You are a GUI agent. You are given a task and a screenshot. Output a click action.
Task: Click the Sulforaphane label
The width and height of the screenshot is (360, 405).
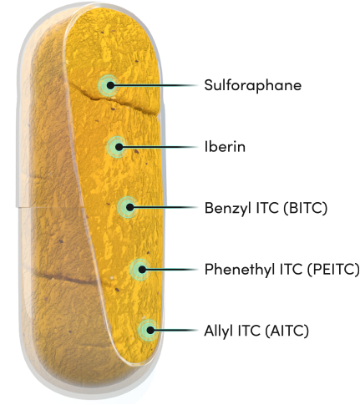pos(253,85)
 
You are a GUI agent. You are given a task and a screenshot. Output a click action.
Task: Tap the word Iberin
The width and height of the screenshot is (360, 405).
pos(225,146)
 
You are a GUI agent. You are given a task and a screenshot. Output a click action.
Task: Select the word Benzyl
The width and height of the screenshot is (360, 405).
pos(228,208)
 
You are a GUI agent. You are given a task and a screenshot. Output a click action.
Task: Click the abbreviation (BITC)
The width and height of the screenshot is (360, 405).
pos(305,208)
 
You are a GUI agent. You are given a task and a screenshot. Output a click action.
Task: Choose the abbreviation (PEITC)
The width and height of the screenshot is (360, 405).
pos(333,270)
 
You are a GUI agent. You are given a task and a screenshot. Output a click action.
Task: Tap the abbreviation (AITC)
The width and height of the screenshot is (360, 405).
pos(286,331)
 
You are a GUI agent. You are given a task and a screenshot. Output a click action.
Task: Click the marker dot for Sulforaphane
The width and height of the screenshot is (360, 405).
pos(110,85)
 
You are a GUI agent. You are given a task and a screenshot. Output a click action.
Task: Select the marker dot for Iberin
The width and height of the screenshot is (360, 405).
pos(119,147)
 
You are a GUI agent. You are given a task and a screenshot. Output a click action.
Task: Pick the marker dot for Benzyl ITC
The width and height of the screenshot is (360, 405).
pos(129,207)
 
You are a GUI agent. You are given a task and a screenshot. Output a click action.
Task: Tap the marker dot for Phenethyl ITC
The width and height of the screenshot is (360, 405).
pos(142,270)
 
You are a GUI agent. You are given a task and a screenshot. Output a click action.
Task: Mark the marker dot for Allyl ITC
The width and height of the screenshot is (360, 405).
pos(150,331)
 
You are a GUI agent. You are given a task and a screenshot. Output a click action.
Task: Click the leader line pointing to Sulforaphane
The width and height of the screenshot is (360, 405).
pos(156,85)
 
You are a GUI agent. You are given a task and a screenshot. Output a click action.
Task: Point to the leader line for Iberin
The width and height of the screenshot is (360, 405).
pos(160,147)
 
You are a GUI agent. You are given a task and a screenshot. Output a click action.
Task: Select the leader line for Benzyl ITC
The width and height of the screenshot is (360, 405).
pos(165,207)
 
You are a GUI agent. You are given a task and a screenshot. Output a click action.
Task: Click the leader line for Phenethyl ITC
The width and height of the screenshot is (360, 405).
pos(172,270)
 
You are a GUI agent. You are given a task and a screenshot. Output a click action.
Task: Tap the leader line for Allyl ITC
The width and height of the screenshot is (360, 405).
pos(176,331)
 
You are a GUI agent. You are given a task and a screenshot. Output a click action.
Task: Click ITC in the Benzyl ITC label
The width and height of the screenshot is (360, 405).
pos(267,208)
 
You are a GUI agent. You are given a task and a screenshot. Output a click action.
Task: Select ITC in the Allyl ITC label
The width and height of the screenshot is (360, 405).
pos(249,331)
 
